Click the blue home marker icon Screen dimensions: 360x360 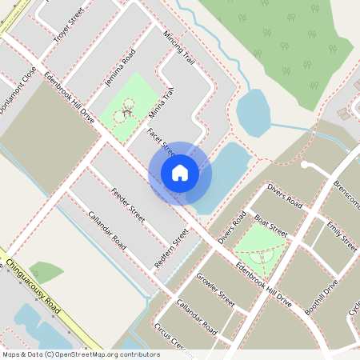click(180, 173)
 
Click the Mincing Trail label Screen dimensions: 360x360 click(178, 49)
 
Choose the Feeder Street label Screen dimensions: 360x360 click(128, 204)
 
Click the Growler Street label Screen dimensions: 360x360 click(216, 290)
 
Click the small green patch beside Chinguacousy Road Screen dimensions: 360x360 click(46, 273)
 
